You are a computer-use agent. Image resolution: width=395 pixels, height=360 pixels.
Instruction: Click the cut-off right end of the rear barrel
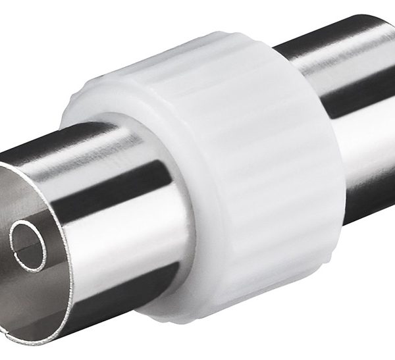pyautogui.click(x=391, y=99)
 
